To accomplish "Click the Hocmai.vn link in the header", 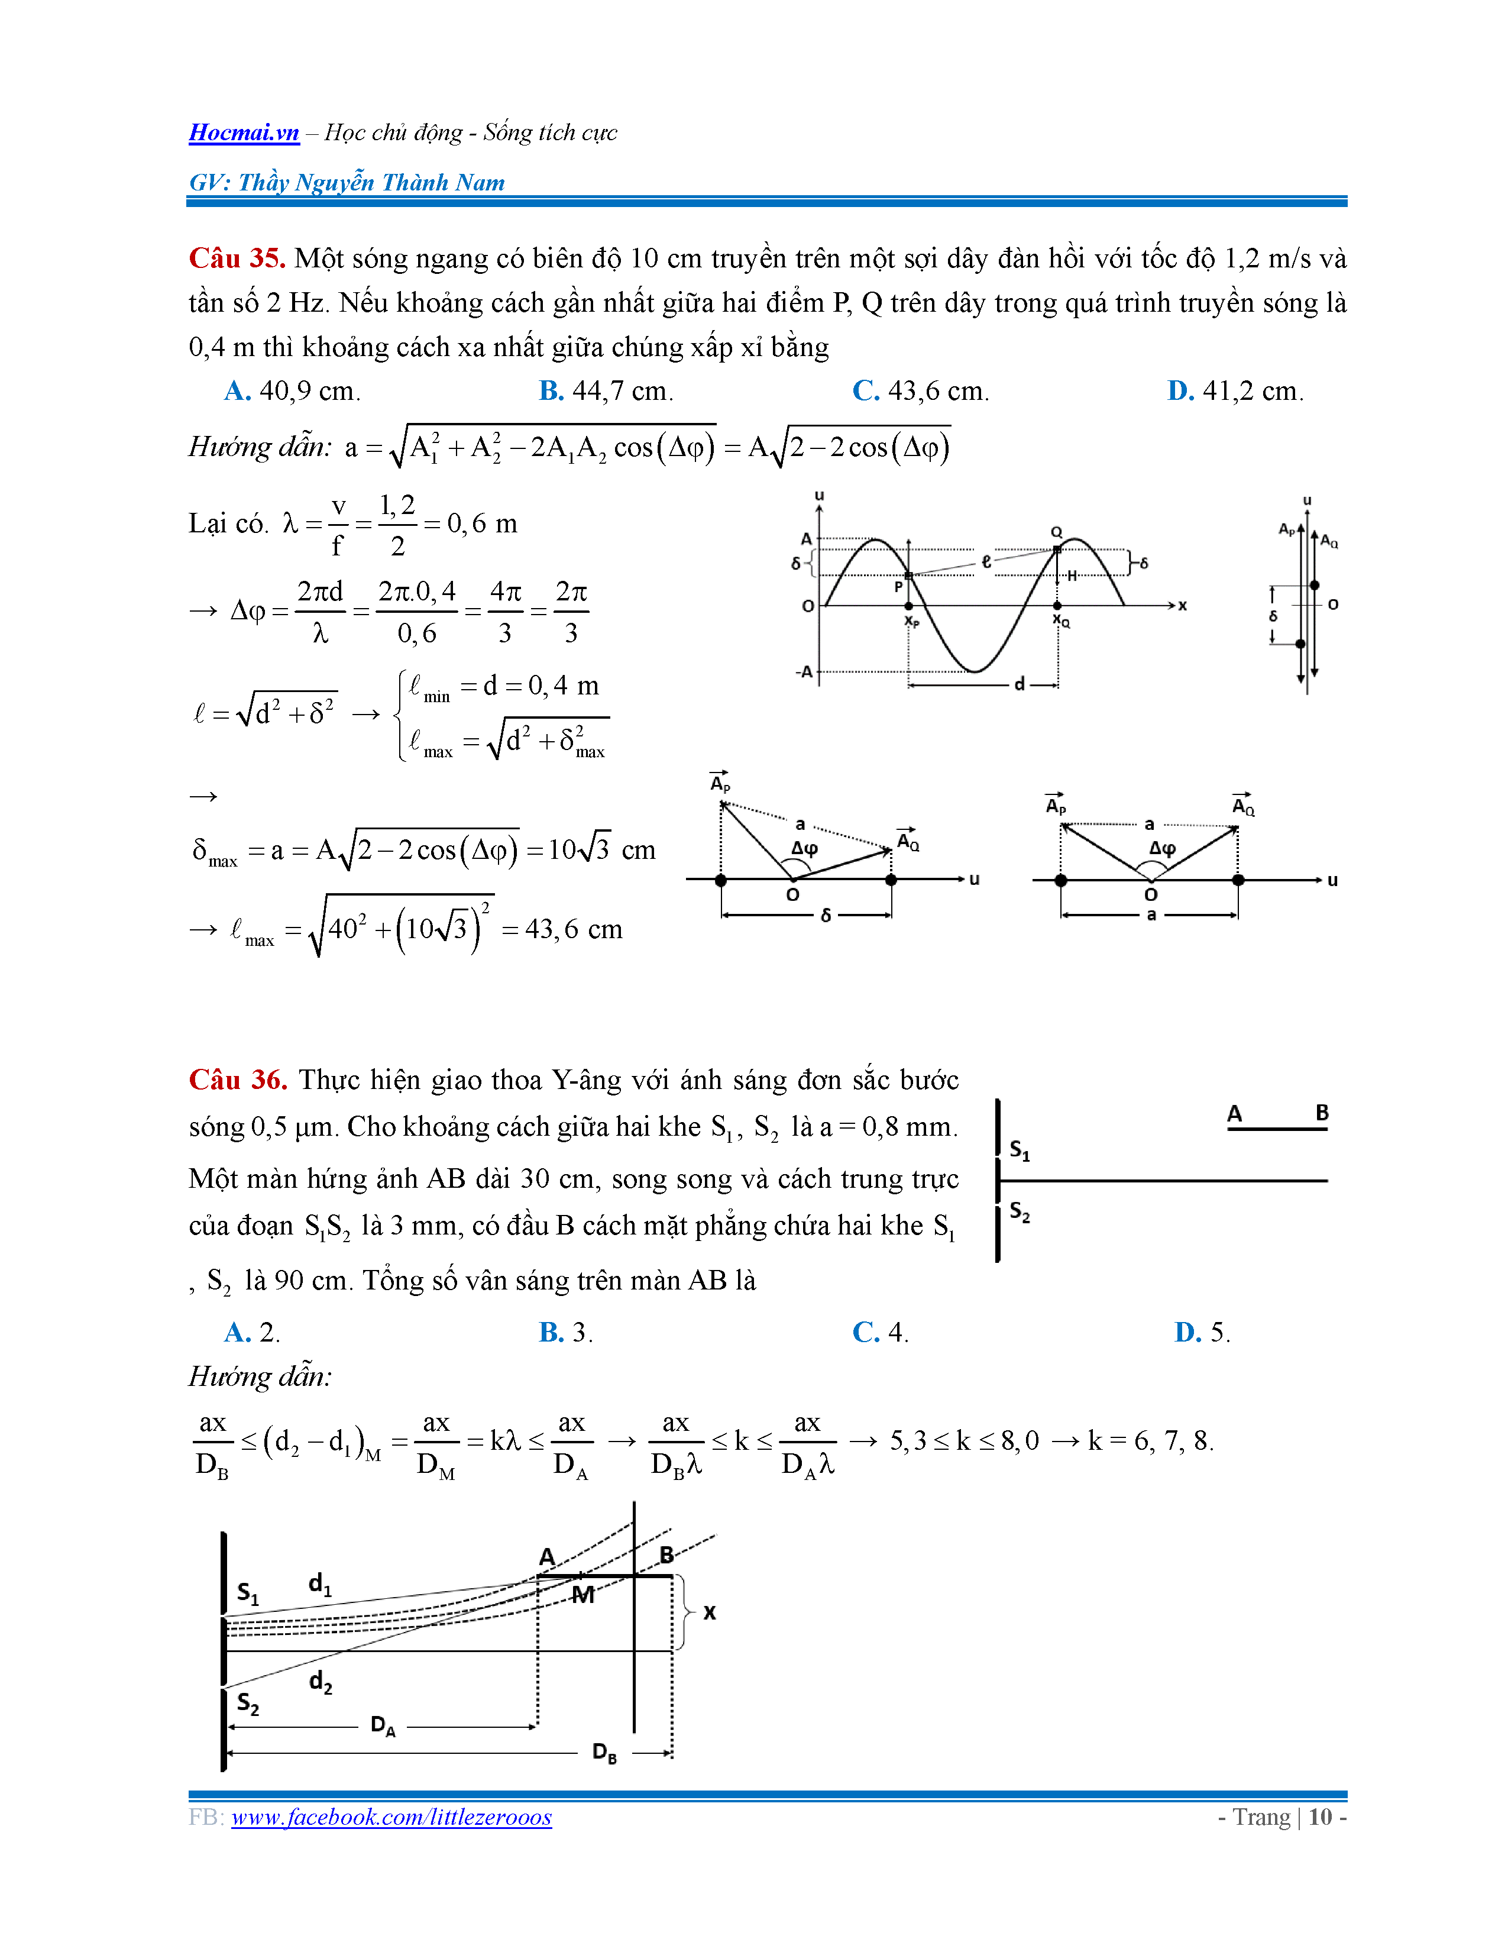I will (x=244, y=133).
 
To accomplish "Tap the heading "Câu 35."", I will (x=237, y=258).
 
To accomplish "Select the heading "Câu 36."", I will (x=238, y=1080).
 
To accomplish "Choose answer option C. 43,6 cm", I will (x=920, y=390).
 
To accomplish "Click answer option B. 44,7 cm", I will (x=606, y=390).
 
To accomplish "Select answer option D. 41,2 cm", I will (x=1235, y=390).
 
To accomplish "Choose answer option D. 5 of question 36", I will (x=1202, y=1333).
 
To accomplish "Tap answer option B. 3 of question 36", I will (x=565, y=1333).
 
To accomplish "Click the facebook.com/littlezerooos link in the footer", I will (x=391, y=1817).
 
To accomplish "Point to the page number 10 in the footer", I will (x=1321, y=1817).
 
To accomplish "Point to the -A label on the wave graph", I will (x=804, y=671).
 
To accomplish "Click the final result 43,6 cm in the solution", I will (x=574, y=929).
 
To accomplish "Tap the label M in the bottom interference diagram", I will (x=583, y=1595).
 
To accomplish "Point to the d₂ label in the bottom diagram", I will (x=321, y=1682).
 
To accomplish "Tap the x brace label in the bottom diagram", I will (x=709, y=1612).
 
